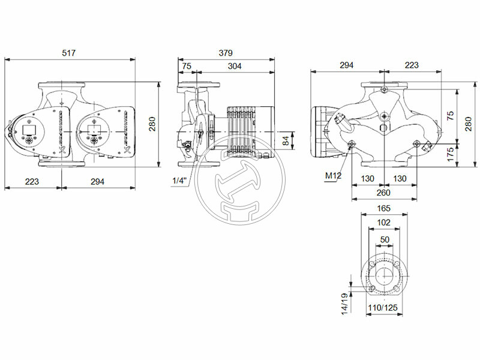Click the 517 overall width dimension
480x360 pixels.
pyautogui.click(x=69, y=53)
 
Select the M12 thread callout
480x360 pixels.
pyautogui.click(x=333, y=176)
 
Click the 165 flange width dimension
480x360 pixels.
pyautogui.click(x=384, y=208)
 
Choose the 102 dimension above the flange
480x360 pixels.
pyautogui.click(x=384, y=222)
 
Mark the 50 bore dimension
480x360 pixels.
pyautogui.click(x=384, y=239)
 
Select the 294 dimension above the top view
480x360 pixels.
pyautogui.click(x=346, y=65)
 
